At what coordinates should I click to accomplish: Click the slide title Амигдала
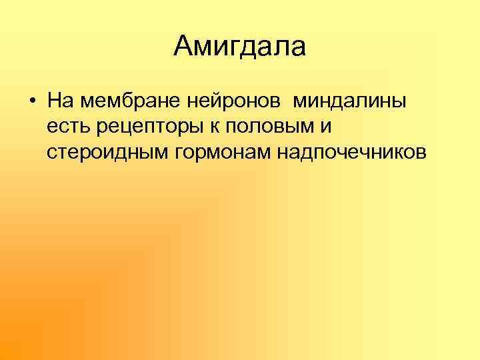(239, 47)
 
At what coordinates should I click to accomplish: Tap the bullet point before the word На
(32, 103)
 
